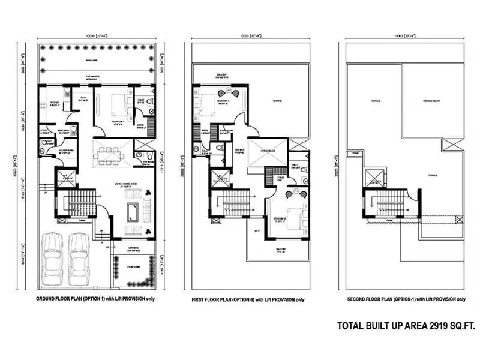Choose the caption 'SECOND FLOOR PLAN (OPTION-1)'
[x=406, y=299]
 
